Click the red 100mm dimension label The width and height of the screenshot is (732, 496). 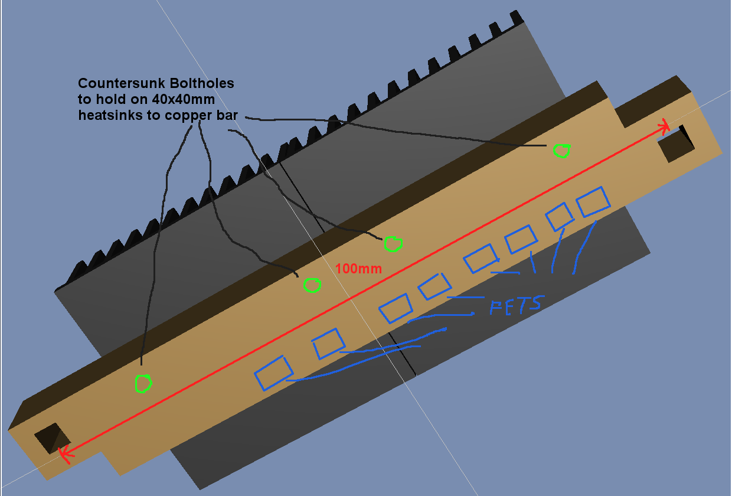click(358, 269)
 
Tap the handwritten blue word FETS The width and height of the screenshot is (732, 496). click(515, 304)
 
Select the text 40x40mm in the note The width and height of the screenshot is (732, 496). click(183, 99)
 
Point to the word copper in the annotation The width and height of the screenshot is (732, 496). click(195, 116)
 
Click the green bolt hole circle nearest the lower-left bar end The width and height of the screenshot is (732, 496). click(143, 384)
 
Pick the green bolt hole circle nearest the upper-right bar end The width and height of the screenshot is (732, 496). click(562, 151)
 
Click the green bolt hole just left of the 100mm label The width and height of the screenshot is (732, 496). click(312, 286)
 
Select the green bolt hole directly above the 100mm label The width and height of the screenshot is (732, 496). click(393, 243)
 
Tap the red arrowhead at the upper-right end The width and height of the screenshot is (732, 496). click(665, 126)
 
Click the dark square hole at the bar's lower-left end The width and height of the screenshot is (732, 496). click(51, 438)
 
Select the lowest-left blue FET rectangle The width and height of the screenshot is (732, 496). click(273, 373)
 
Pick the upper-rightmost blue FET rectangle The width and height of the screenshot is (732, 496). click(593, 202)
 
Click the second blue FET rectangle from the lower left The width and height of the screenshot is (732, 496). click(328, 344)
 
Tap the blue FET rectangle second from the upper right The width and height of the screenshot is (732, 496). click(559, 217)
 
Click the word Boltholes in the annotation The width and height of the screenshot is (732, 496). click(201, 83)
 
